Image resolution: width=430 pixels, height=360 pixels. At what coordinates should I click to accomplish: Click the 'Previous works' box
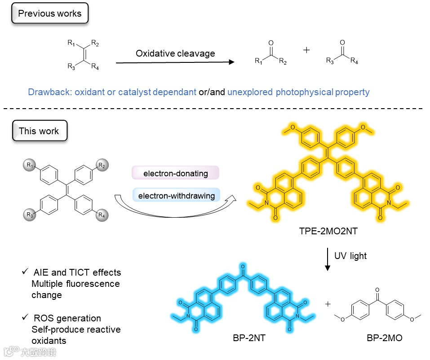click(x=49, y=13)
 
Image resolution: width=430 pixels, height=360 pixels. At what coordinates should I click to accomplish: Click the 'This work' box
click(x=39, y=132)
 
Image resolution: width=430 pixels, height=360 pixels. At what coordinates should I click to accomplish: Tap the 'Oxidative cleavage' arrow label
click(x=175, y=53)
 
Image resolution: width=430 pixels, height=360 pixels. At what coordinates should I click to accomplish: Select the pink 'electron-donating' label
click(x=175, y=173)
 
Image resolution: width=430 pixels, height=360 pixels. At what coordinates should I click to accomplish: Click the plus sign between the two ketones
click(x=307, y=50)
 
